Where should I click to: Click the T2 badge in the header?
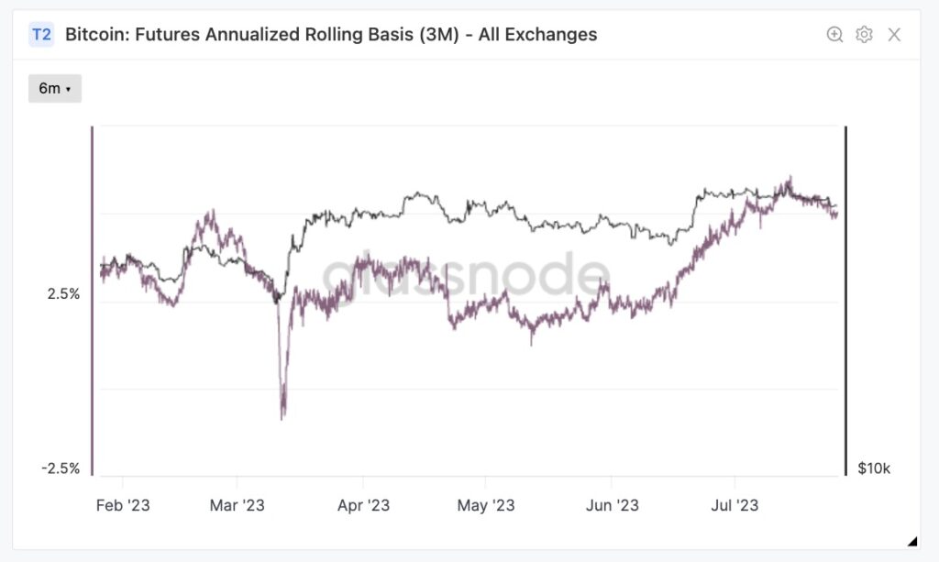click(x=42, y=35)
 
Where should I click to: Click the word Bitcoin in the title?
click(x=96, y=35)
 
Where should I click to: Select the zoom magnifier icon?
click(x=834, y=35)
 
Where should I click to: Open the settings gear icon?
click(x=864, y=35)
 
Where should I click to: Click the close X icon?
click(x=894, y=35)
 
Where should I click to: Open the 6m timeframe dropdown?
click(x=55, y=89)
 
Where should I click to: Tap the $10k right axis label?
click(x=873, y=468)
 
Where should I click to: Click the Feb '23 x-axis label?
click(x=122, y=505)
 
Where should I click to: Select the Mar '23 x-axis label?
click(x=237, y=505)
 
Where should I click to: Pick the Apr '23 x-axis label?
click(x=364, y=505)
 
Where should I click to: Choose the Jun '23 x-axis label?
click(x=612, y=505)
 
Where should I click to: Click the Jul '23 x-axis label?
click(x=735, y=505)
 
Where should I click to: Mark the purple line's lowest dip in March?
click(x=282, y=417)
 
